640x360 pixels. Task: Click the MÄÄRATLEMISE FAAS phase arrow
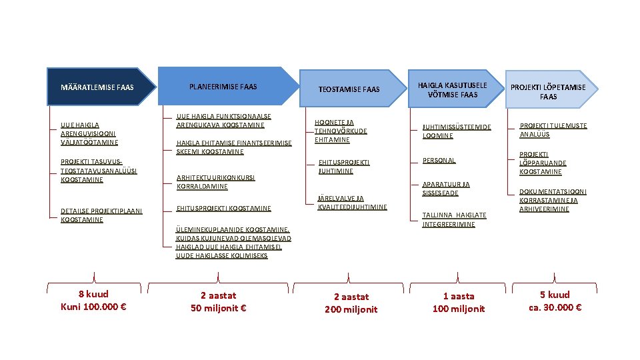pos(97,87)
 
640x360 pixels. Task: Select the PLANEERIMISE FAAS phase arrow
pos(223,87)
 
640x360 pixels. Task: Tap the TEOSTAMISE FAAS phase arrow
pos(349,89)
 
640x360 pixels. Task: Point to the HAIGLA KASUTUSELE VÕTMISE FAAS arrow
pos(453,89)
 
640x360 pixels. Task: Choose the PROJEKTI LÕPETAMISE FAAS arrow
pos(548,91)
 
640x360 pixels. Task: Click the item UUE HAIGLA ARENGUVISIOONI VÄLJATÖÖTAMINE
pos(89,133)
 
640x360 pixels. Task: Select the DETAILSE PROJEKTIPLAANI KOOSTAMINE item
pos(101,215)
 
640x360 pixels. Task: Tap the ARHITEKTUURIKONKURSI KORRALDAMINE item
pos(215,182)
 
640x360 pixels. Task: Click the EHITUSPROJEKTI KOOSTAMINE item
pos(223,209)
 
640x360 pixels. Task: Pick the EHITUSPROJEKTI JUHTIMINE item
pos(344,167)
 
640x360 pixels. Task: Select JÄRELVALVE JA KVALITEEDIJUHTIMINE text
pos(352,203)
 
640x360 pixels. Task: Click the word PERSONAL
pos(439,161)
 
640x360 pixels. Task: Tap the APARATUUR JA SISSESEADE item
pos(446,189)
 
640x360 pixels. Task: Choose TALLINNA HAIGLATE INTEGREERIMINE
pos(455,219)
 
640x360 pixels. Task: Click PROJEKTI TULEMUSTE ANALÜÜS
pos(553,130)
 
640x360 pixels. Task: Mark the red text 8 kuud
pos(93,294)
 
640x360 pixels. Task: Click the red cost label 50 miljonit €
pos(219,308)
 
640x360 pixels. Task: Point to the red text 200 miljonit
pos(351,309)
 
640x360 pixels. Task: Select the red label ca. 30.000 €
pos(555,307)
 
